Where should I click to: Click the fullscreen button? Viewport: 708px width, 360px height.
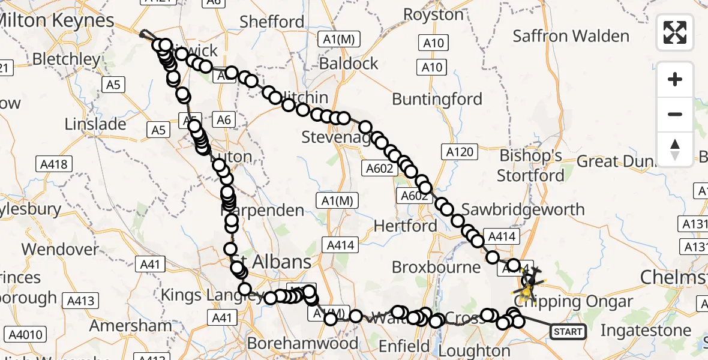pyautogui.click(x=675, y=32)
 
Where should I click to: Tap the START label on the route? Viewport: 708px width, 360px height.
pyautogui.click(x=568, y=331)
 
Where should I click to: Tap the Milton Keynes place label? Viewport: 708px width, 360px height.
pyautogui.click(x=57, y=20)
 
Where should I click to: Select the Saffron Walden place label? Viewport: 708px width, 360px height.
pyautogui.click(x=571, y=36)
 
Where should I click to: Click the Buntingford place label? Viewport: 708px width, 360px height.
pyautogui.click(x=437, y=99)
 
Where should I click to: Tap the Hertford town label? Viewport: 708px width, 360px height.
pyautogui.click(x=405, y=226)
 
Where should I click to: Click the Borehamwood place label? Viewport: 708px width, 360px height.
pyautogui.click(x=302, y=343)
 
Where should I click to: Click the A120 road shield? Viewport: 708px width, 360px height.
pyautogui.click(x=459, y=152)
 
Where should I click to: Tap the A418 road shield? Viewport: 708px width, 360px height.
pyautogui.click(x=54, y=164)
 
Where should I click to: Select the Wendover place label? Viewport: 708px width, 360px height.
pyautogui.click(x=60, y=249)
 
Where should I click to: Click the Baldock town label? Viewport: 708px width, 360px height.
pyautogui.click(x=349, y=64)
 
